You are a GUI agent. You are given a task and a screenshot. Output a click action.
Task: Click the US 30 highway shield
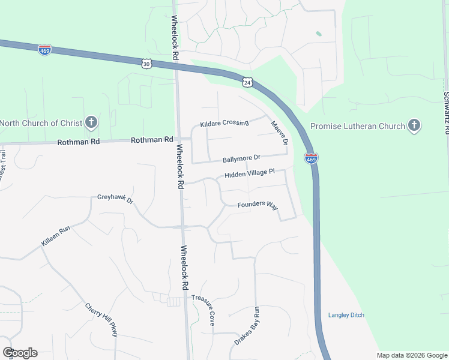[x=147, y=63]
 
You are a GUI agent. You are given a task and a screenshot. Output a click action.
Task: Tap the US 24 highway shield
[x=247, y=82]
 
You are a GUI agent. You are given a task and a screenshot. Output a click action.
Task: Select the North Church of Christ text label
[x=40, y=123]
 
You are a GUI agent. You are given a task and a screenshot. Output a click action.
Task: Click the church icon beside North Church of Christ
[x=91, y=123]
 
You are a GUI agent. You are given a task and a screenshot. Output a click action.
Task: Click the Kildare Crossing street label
[x=224, y=122]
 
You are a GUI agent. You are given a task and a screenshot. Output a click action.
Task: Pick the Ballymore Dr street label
[x=241, y=158]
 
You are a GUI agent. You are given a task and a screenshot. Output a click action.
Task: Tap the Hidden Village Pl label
[x=249, y=174]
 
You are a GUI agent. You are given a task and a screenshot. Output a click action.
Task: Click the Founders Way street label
[x=258, y=205]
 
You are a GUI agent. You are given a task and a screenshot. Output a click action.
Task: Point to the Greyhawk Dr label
[x=115, y=199]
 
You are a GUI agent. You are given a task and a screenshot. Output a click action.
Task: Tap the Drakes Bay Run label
[x=246, y=326]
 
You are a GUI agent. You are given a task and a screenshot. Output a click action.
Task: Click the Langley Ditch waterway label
[x=346, y=315]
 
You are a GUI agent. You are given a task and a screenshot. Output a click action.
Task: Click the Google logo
[x=20, y=352]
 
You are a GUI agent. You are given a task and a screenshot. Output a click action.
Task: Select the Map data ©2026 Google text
[x=411, y=355]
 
